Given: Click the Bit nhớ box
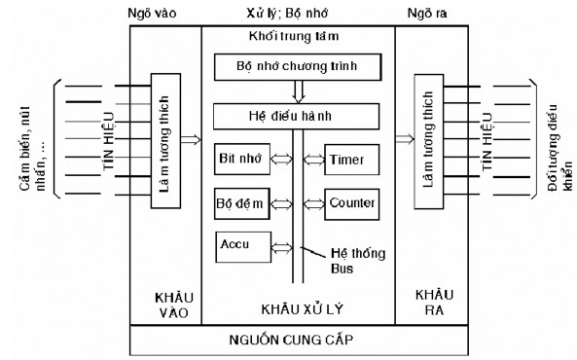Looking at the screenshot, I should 240,159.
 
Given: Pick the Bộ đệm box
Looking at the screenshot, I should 240,204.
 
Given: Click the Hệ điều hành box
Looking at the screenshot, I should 297,117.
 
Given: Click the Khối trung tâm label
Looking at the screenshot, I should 298,37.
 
